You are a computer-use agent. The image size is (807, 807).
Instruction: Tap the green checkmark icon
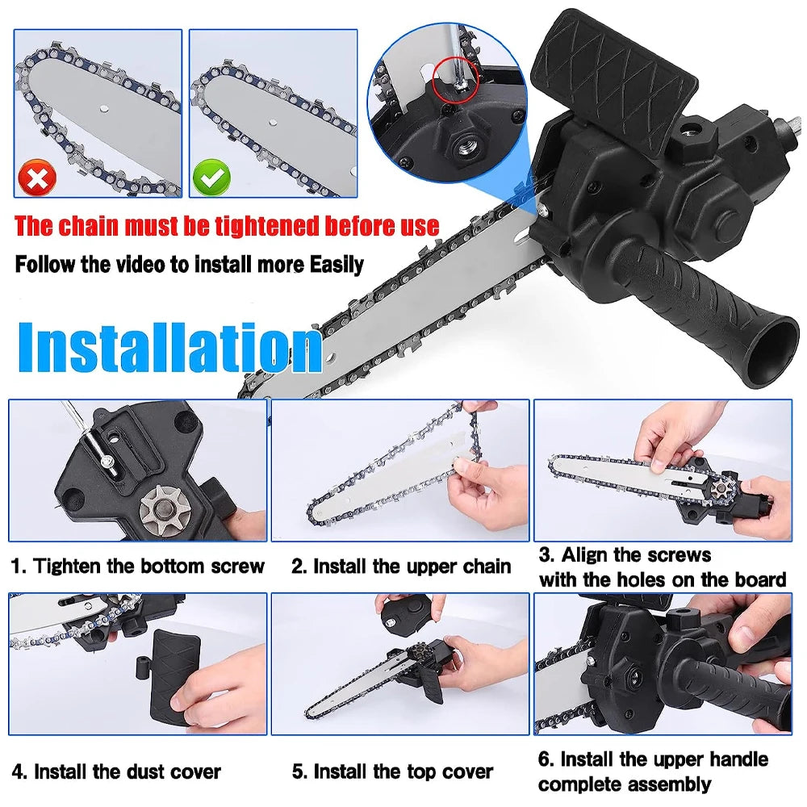[x=210, y=178]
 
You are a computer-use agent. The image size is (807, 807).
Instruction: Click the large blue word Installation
[x=169, y=347]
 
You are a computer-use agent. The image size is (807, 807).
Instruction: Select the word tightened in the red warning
[x=249, y=225]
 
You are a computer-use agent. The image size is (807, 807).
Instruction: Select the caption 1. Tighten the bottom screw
[x=138, y=567]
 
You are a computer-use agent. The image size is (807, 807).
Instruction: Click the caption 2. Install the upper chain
[x=401, y=567]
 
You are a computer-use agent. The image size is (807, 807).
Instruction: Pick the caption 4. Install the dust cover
[x=116, y=772]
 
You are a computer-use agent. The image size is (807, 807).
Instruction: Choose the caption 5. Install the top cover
[x=392, y=772]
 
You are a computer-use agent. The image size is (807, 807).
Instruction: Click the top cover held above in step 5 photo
[x=403, y=620]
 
